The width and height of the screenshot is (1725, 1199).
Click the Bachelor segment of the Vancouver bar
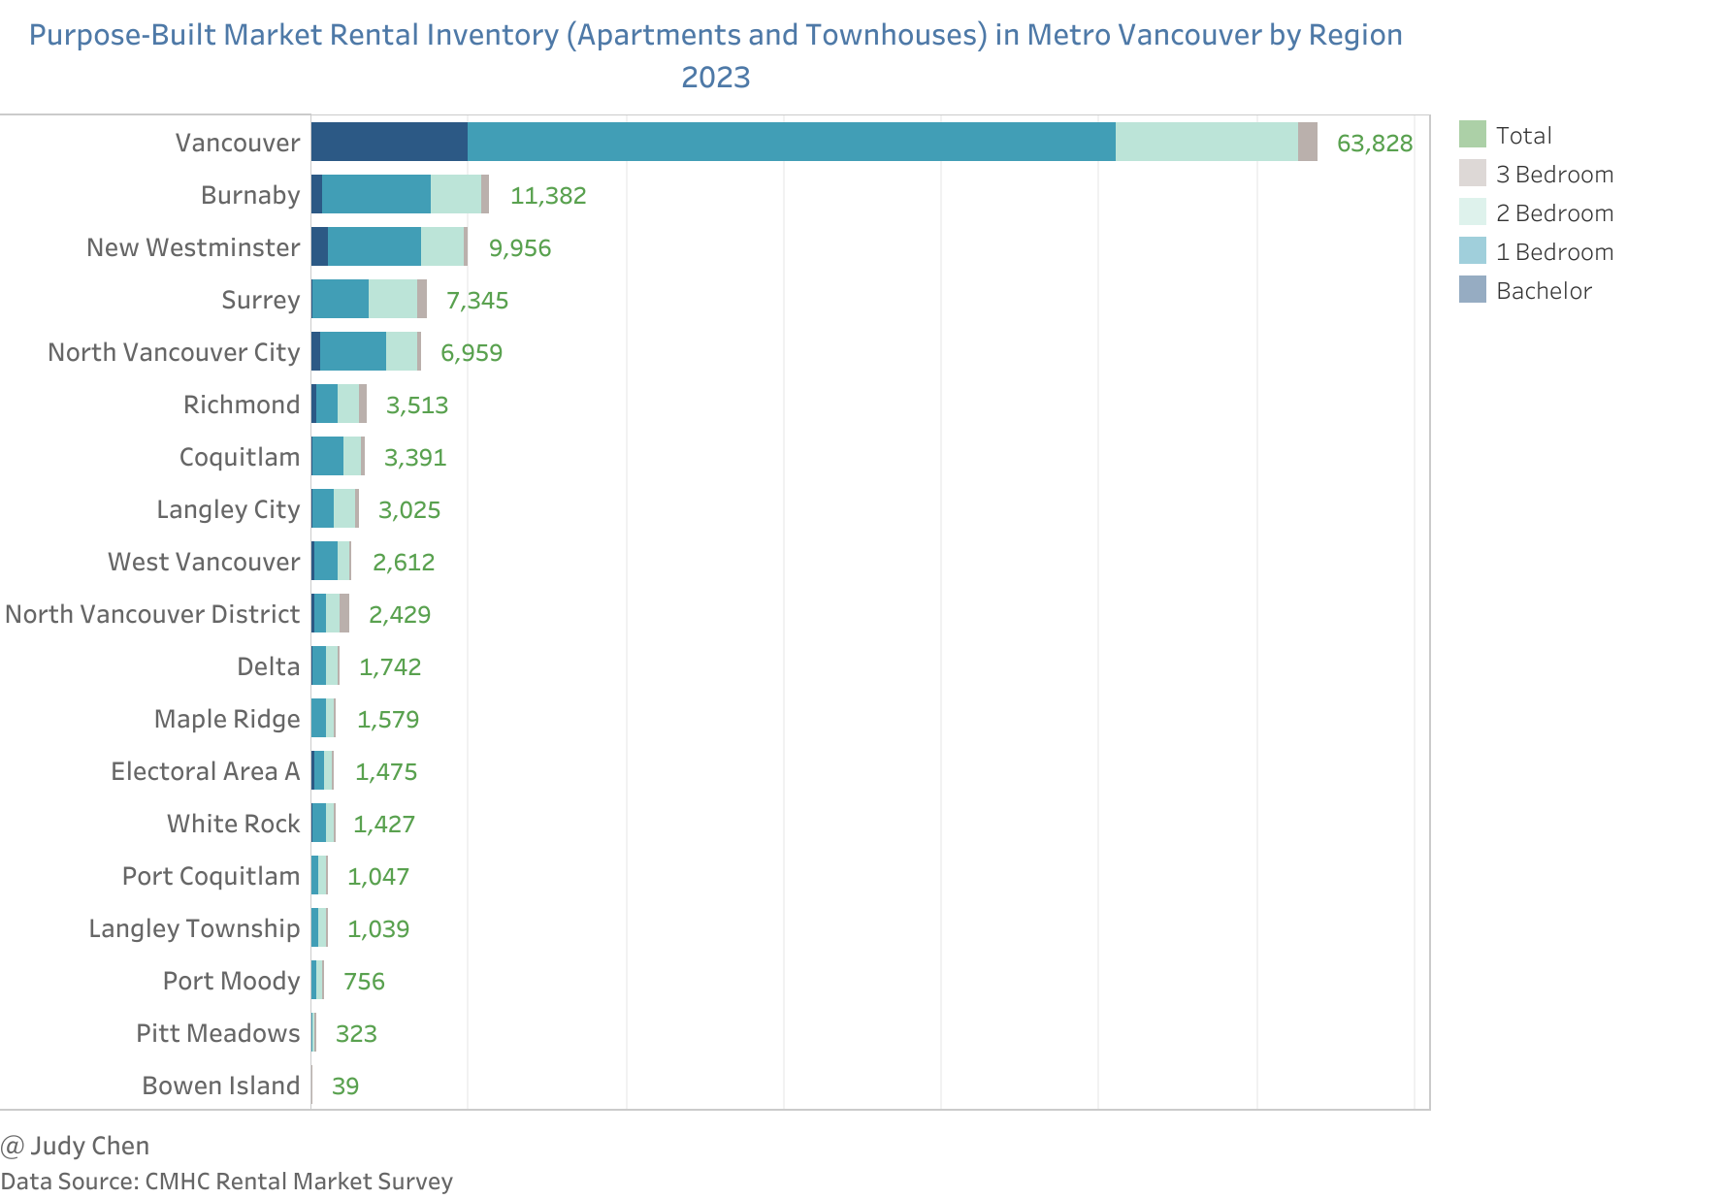pyautogui.click(x=389, y=142)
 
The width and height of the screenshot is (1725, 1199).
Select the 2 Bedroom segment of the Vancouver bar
pyautogui.click(x=1206, y=142)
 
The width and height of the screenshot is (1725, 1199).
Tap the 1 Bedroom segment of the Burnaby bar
pyautogui.click(x=376, y=194)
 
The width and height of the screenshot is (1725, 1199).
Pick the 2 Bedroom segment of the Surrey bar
pyautogui.click(x=393, y=299)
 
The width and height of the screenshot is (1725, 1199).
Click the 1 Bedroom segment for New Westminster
pyautogui.click(x=374, y=246)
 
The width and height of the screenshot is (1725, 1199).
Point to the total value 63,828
pyautogui.click(x=1374, y=144)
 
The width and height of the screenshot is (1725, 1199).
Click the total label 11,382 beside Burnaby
pyautogui.click(x=548, y=196)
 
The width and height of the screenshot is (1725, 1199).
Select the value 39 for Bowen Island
pyautogui.click(x=345, y=1086)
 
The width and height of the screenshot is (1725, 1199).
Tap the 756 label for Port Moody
pyautogui.click(x=364, y=982)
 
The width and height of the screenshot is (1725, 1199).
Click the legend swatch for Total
pyautogui.click(x=1472, y=134)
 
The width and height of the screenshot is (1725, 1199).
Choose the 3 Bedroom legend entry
pyautogui.click(x=1554, y=175)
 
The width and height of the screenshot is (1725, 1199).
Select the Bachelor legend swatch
pyautogui.click(x=1472, y=289)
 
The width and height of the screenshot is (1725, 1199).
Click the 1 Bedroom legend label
pyautogui.click(x=1554, y=252)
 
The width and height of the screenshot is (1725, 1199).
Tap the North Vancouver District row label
pyautogui.click(x=152, y=614)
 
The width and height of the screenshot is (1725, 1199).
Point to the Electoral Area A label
pyautogui.click(x=205, y=771)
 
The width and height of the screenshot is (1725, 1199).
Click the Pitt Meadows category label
pyautogui.click(x=217, y=1033)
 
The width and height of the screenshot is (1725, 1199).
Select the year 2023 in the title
pyautogui.click(x=716, y=78)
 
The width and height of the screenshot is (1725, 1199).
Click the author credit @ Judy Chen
pyautogui.click(x=75, y=1146)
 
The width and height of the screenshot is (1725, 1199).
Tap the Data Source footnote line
pyautogui.click(x=226, y=1182)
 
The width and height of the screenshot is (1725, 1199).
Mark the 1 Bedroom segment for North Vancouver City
pyautogui.click(x=353, y=351)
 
